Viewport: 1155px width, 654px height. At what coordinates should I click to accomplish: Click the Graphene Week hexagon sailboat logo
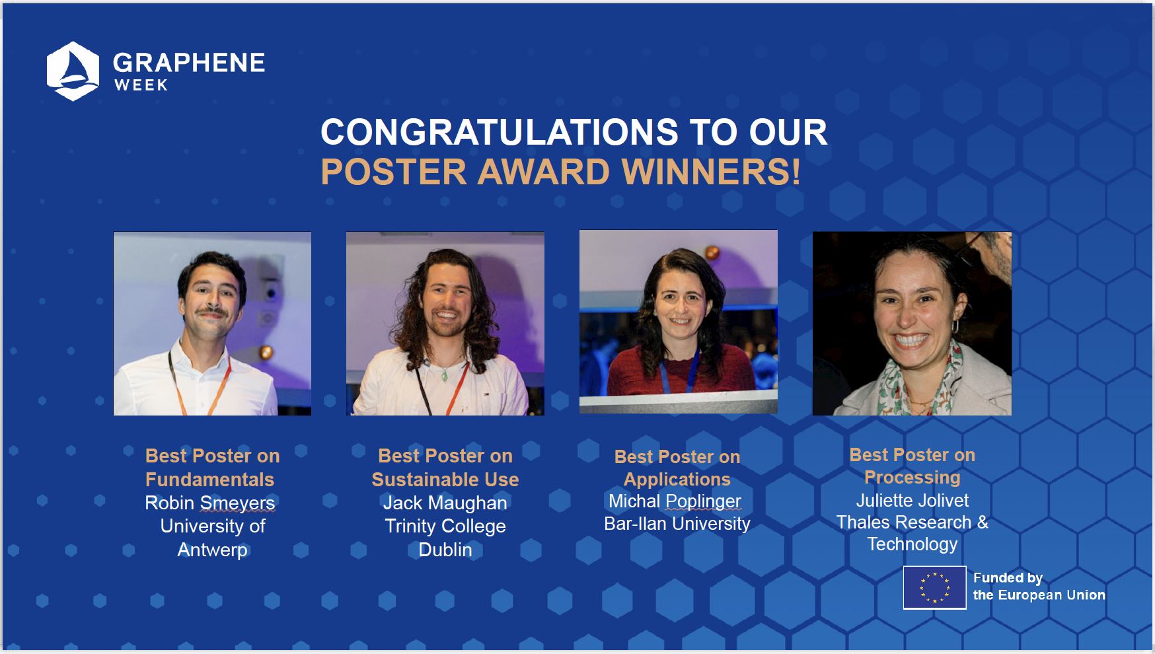tap(73, 71)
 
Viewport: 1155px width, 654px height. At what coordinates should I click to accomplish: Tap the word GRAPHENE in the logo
tap(189, 63)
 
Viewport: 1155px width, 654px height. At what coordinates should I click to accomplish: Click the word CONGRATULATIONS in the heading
tap(500, 132)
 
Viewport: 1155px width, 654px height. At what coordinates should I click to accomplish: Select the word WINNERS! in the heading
tap(711, 172)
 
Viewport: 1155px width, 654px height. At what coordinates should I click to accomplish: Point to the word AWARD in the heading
tap(543, 172)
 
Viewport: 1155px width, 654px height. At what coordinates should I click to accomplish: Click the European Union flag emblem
tap(934, 587)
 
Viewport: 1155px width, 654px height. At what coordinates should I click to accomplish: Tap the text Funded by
tap(1008, 578)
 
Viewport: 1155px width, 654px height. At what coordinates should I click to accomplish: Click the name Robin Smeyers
tap(210, 503)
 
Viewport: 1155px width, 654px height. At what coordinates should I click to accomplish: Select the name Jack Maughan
tap(445, 503)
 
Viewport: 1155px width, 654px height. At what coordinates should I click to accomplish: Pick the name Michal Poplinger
tap(675, 501)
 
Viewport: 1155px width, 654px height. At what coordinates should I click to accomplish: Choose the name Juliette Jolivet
tap(913, 500)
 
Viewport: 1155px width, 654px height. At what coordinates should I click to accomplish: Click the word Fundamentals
tap(210, 480)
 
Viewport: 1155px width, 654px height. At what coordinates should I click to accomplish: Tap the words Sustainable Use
tap(445, 480)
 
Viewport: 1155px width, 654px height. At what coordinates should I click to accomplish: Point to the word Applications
tap(677, 480)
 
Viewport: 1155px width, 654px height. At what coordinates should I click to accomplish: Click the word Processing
tap(913, 478)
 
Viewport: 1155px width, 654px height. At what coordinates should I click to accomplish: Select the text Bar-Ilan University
tap(677, 524)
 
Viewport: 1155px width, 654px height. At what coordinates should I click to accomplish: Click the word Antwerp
tap(213, 550)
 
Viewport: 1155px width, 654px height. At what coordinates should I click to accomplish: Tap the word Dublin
tap(445, 550)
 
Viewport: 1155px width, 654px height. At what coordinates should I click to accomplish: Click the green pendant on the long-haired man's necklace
tap(445, 377)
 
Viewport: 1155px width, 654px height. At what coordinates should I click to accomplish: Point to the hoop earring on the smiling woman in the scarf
tap(955, 326)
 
